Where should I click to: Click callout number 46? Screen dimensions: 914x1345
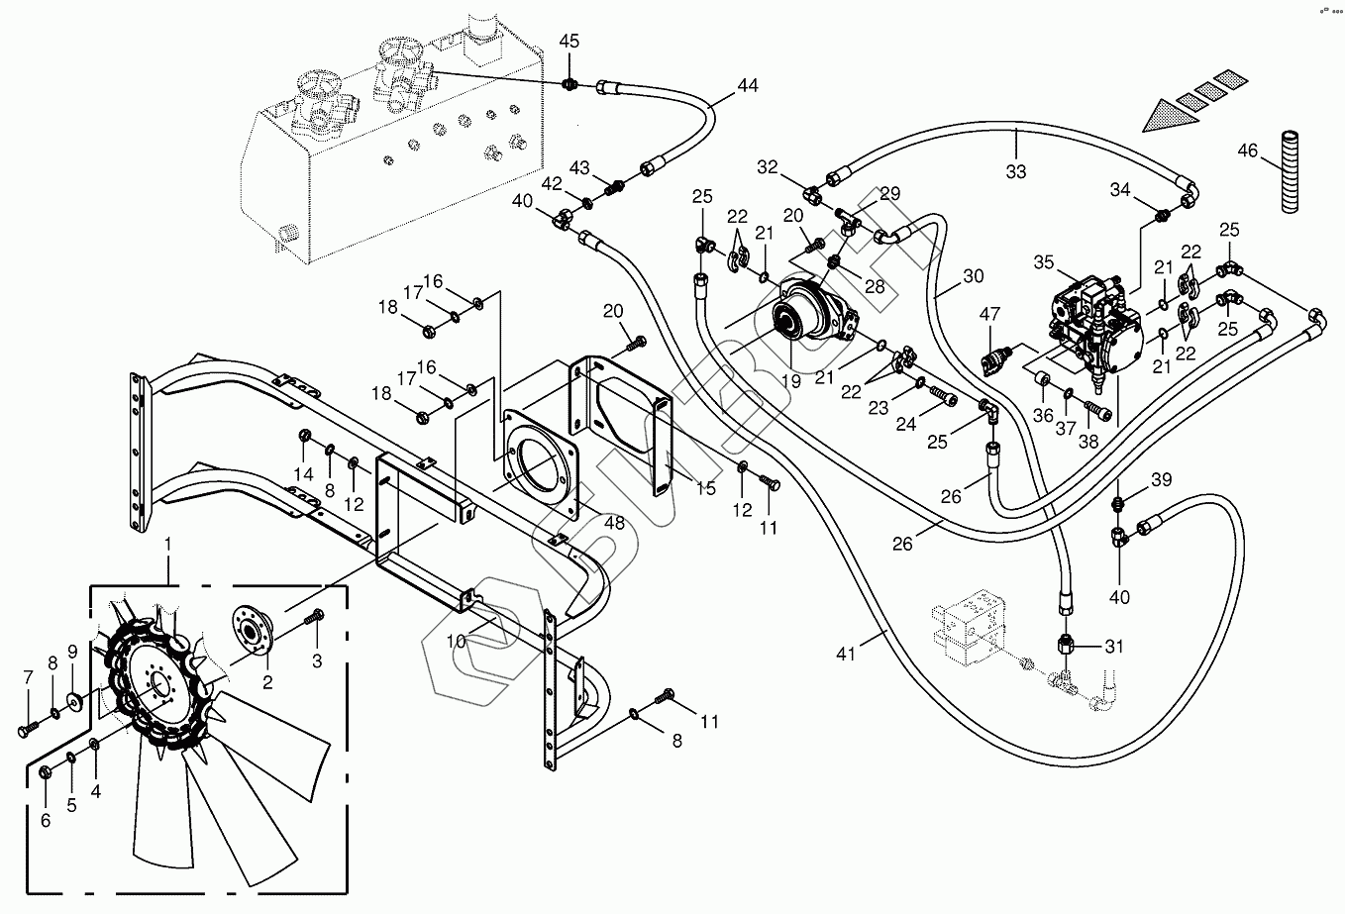click(1248, 151)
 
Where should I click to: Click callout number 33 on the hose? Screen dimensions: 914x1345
click(1016, 171)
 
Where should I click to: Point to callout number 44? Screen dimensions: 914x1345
click(747, 86)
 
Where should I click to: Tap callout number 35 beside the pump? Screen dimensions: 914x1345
click(1042, 263)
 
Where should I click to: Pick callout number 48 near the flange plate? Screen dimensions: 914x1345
click(616, 523)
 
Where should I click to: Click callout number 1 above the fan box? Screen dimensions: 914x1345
click(167, 544)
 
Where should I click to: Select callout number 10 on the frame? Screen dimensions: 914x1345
click(455, 640)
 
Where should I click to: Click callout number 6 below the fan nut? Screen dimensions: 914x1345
click(46, 819)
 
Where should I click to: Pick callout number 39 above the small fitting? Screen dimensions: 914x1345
click(1161, 479)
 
